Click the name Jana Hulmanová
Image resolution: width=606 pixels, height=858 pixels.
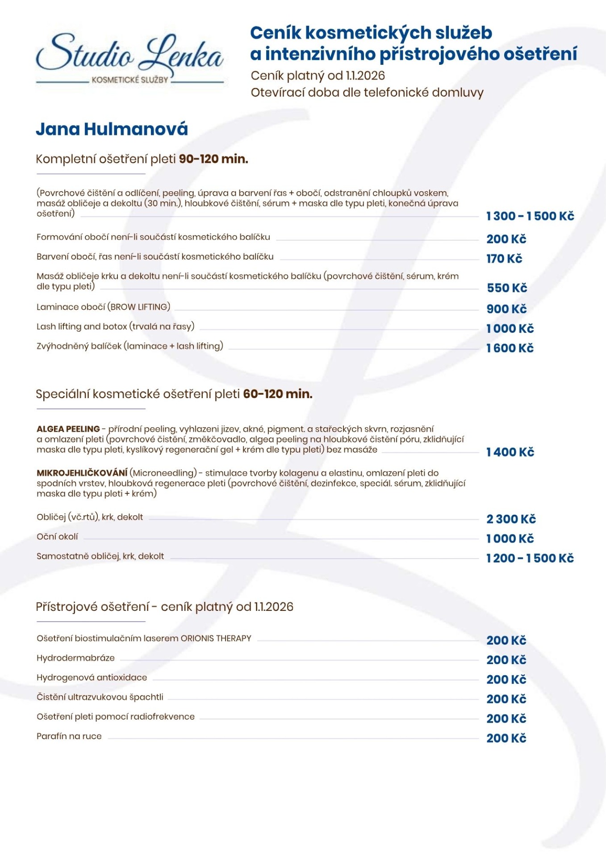(112, 129)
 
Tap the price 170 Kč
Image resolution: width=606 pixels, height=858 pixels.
(504, 259)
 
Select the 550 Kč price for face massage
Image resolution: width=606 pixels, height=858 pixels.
(507, 288)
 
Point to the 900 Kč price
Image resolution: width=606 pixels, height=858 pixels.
(506, 309)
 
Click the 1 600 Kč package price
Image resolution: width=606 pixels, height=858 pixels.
(510, 348)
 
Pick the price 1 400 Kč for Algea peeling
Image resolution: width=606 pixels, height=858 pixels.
(510, 452)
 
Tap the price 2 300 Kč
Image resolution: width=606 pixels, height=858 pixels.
(511, 519)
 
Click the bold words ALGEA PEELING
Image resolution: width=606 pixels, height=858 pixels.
(68, 429)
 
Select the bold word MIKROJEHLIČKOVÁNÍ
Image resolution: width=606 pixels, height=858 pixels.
(82, 473)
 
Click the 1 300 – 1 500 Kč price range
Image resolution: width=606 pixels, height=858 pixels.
(530, 216)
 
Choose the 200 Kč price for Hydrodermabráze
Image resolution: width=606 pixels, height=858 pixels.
(506, 660)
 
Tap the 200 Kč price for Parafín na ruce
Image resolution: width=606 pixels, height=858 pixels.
(506, 738)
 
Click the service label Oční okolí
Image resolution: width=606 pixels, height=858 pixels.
(57, 537)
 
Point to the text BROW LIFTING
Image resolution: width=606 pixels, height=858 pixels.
(139, 307)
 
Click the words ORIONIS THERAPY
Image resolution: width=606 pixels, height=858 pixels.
(216, 639)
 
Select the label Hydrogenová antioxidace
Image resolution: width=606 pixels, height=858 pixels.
(92, 677)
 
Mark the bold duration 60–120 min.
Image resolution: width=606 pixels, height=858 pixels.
(277, 394)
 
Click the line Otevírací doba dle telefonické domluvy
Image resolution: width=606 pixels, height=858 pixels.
(367, 93)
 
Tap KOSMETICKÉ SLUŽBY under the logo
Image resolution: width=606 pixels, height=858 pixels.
(130, 80)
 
